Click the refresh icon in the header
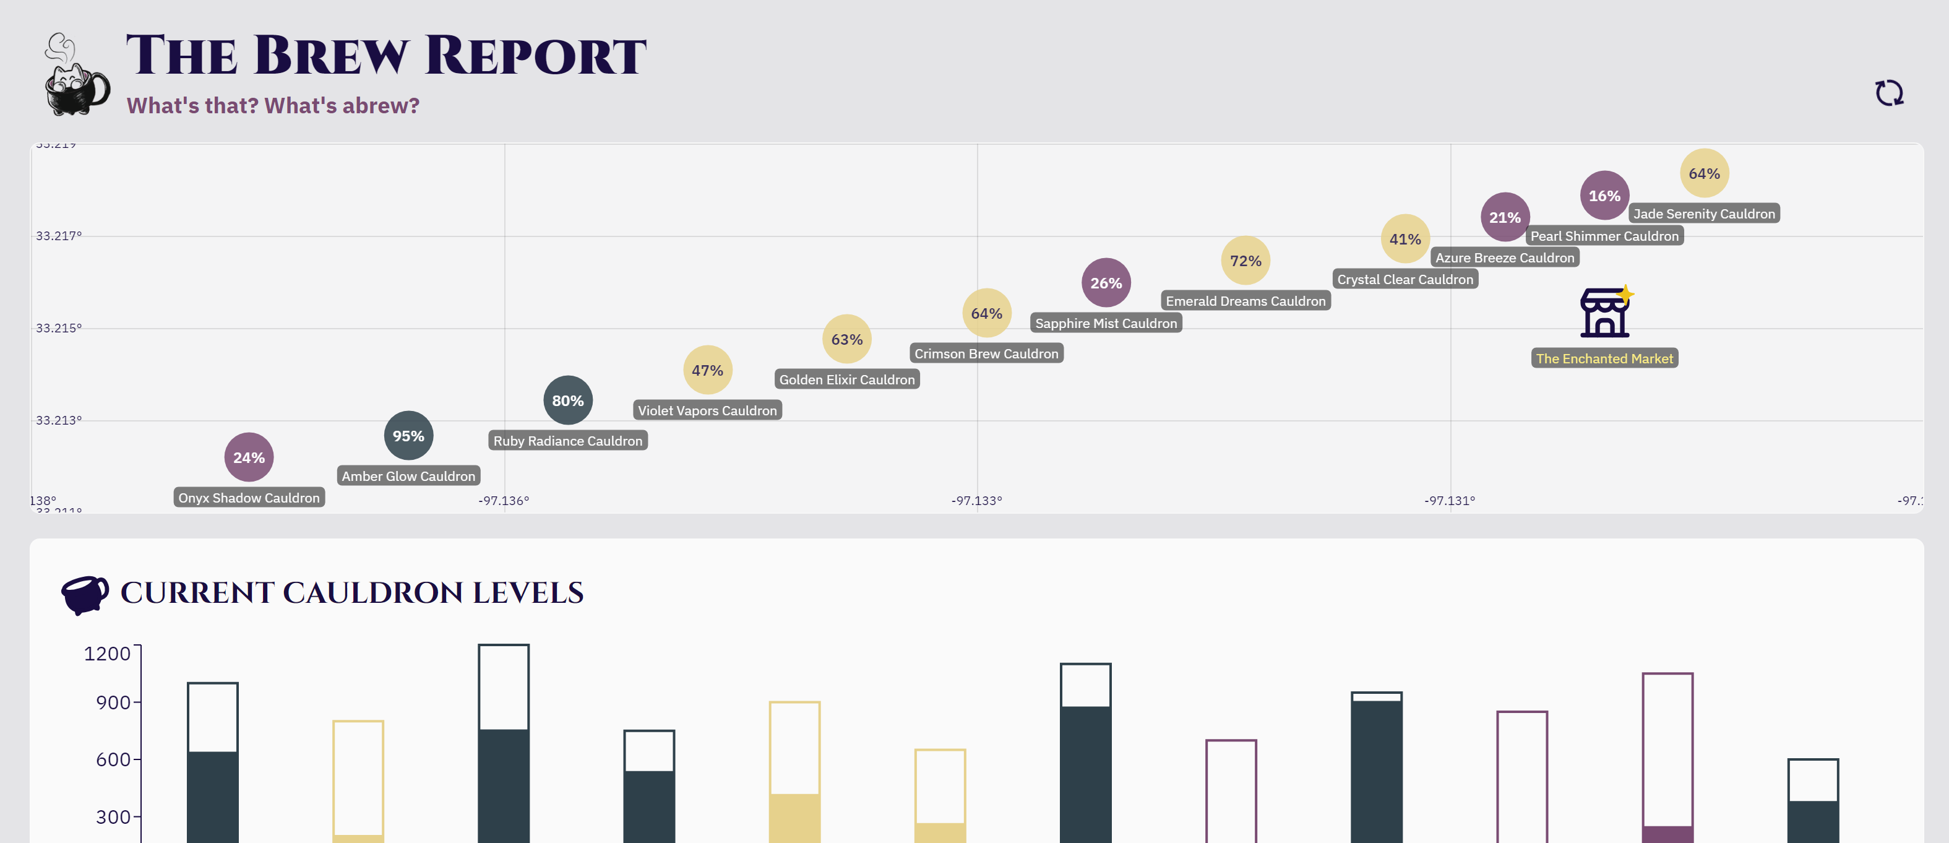[x=1888, y=93]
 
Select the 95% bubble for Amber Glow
[x=408, y=436]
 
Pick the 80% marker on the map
[x=567, y=400]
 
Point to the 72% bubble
[x=1246, y=261]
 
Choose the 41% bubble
[x=1405, y=239]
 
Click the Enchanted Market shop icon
[x=1604, y=313]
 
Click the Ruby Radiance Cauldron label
[x=567, y=441]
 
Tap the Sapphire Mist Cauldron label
[x=1106, y=323]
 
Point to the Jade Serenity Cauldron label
[x=1704, y=214]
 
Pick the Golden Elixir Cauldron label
[x=846, y=380]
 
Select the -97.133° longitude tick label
[x=976, y=501]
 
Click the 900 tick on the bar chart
[x=113, y=703]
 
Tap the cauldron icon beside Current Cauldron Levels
[x=85, y=595]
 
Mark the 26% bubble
[x=1106, y=283]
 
